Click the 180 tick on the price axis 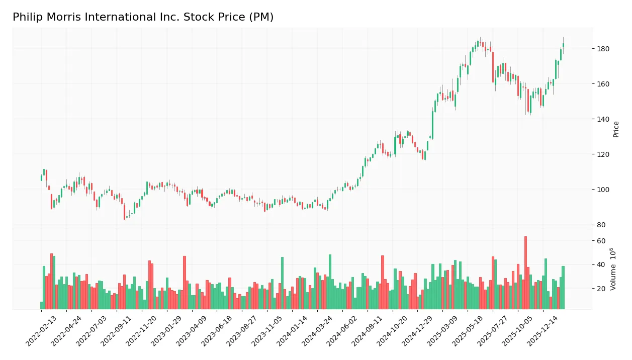click(x=603, y=49)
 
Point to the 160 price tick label click(x=603, y=84)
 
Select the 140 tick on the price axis click(x=603, y=119)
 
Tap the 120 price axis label click(x=603, y=154)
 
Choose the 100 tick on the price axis click(x=603, y=190)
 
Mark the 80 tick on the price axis click(x=602, y=225)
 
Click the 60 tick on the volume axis click(x=602, y=241)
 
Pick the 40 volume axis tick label click(x=602, y=264)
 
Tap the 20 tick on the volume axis click(x=602, y=289)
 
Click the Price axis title click(x=616, y=129)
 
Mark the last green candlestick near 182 click(x=563, y=45)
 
